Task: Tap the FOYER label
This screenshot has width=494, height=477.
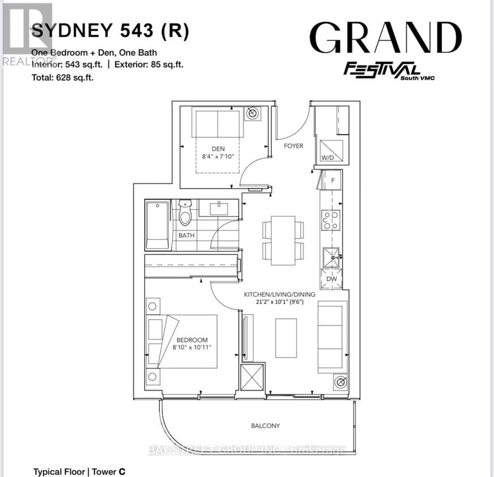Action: (293, 146)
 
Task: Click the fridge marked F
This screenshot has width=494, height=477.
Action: (333, 181)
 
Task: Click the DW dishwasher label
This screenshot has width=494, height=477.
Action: (331, 279)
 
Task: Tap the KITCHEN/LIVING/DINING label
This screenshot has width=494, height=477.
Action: (279, 295)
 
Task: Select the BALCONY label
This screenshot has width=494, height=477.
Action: (266, 426)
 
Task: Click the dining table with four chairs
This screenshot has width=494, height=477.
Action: (283, 240)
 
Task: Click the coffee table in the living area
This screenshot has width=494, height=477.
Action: (286, 337)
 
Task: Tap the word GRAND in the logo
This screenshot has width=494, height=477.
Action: (385, 39)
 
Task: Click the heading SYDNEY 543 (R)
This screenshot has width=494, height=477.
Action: (110, 31)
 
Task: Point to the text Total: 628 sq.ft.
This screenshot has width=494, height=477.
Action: (63, 78)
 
